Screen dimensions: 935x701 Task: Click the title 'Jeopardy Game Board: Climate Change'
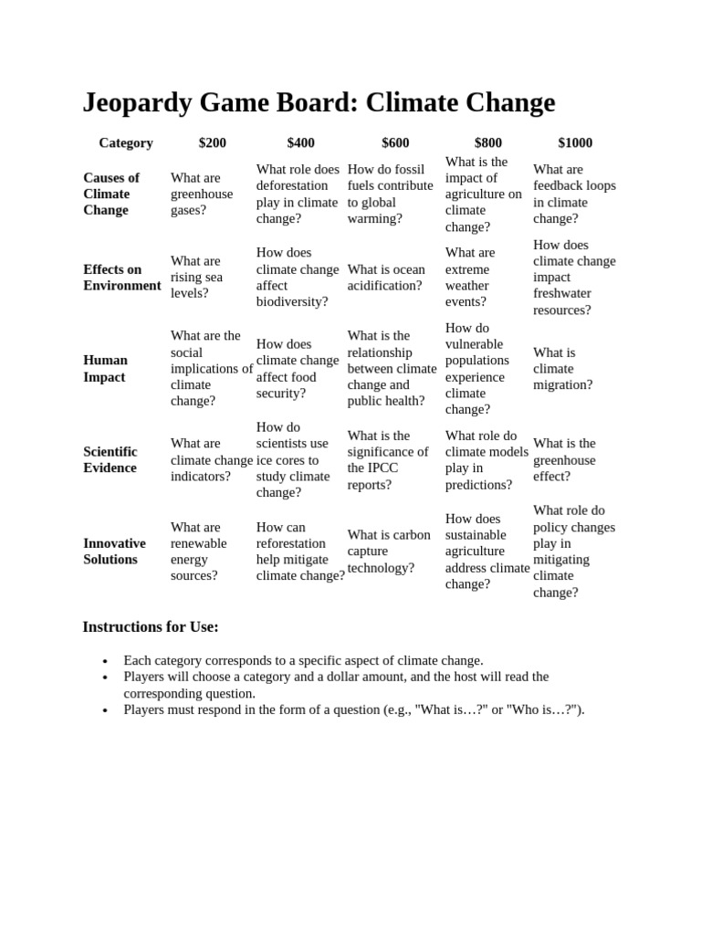click(319, 102)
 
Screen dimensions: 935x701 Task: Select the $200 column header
click(213, 142)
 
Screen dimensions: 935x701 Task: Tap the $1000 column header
click(575, 142)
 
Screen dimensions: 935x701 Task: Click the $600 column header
click(395, 142)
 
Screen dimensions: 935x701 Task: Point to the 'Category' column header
click(126, 142)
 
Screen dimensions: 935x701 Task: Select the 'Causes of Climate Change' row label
click(111, 194)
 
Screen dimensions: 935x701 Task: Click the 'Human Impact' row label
click(106, 368)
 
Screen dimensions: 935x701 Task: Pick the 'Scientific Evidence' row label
click(110, 459)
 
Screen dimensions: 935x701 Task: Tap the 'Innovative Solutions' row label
click(114, 551)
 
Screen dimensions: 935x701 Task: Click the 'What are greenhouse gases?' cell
click(202, 194)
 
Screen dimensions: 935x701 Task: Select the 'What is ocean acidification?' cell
click(386, 277)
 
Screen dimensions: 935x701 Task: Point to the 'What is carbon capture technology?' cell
click(389, 551)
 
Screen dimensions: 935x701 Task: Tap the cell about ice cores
click(293, 459)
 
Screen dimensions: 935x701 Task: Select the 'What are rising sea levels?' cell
click(196, 277)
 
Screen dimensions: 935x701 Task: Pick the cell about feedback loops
click(574, 194)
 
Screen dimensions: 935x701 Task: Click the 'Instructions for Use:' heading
click(151, 626)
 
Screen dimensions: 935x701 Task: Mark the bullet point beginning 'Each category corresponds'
click(303, 660)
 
